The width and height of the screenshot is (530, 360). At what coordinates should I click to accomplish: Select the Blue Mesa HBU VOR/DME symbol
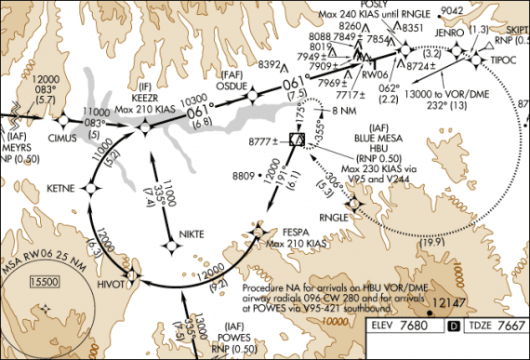point(298,140)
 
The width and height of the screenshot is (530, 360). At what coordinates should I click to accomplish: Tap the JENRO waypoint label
point(448,32)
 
